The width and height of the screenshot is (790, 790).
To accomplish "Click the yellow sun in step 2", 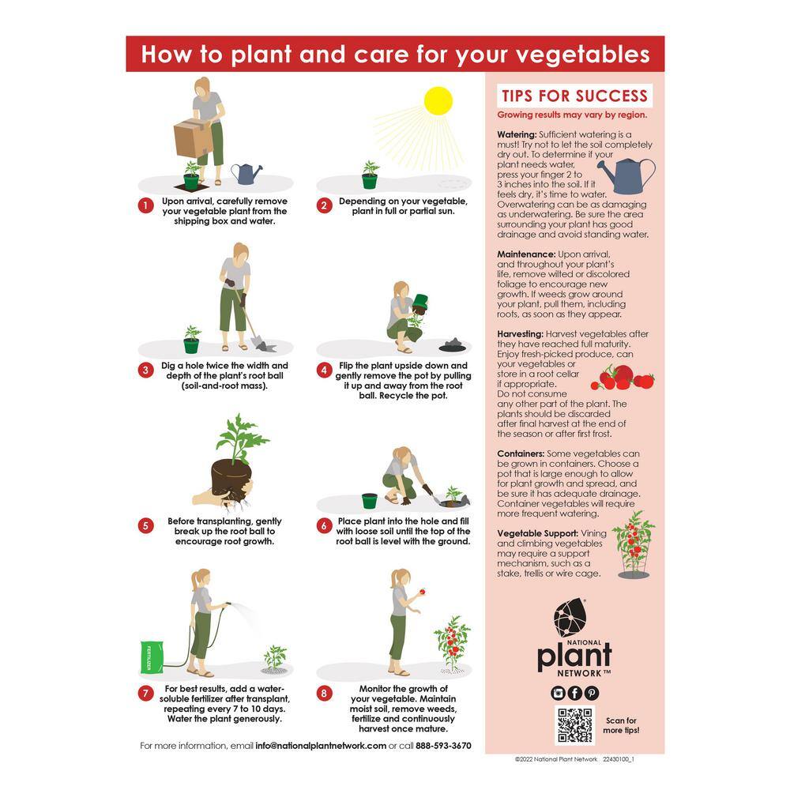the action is [438, 101].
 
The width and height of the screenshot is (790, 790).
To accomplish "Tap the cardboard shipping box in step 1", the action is [193, 138].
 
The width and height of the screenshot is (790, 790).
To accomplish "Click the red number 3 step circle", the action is [145, 371].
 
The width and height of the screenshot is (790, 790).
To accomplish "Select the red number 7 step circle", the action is [145, 694].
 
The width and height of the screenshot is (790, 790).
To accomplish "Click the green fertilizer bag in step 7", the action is [151, 657].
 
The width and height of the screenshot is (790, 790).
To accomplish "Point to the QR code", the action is [575, 725].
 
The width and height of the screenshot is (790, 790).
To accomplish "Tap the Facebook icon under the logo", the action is [575, 694].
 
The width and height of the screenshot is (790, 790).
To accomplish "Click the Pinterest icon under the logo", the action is [592, 694].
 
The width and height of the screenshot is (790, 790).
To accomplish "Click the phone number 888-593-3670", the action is [443, 746].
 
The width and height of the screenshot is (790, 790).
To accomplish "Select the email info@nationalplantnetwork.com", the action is [321, 746].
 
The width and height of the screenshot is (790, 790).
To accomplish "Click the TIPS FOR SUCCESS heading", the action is [574, 96].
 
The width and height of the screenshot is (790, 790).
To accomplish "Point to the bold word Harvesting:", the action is [520, 334].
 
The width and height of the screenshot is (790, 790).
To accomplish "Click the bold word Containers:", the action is [521, 453].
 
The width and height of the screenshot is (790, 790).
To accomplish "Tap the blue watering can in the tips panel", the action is [627, 175].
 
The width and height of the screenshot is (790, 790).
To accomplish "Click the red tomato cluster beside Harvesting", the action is [623, 378].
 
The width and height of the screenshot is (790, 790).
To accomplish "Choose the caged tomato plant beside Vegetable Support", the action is [634, 544].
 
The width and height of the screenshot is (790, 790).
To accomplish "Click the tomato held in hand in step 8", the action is [422, 591].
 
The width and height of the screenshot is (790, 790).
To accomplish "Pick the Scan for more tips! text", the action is [621, 725].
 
